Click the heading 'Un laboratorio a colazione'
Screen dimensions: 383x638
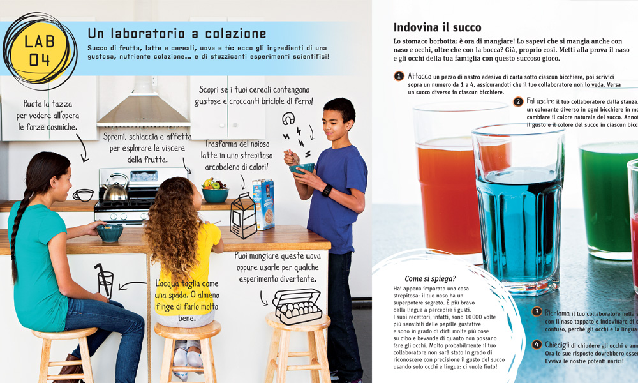[x=177, y=33]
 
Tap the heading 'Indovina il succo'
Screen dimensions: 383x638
[x=437, y=27]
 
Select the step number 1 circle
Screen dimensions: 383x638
[x=399, y=76]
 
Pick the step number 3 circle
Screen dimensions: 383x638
[x=537, y=312]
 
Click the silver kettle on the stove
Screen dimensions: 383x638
[x=115, y=188]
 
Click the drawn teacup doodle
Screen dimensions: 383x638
[x=83, y=195]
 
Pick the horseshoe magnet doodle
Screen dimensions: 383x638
[x=288, y=118]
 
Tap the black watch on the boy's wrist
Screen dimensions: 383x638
[x=327, y=190]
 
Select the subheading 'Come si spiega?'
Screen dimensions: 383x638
[x=430, y=278]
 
